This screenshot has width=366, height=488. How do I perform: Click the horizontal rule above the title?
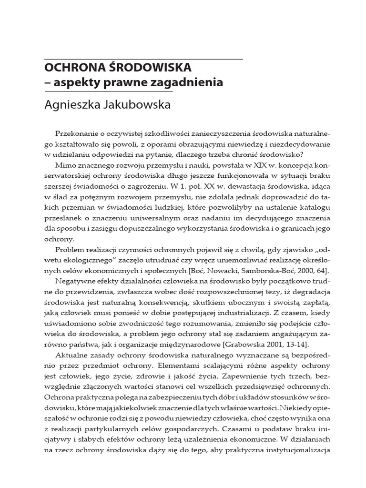143,59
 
